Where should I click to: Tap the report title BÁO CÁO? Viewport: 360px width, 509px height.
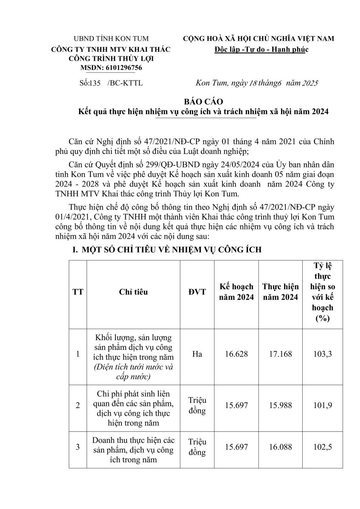[x=197, y=103]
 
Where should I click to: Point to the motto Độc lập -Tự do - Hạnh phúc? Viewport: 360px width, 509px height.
[x=262, y=50]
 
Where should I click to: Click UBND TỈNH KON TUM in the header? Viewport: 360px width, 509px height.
[x=110, y=39]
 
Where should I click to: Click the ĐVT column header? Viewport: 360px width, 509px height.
[x=197, y=292]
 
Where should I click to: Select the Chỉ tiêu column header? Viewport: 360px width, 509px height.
[x=133, y=292]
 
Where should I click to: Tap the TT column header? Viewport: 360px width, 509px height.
[x=78, y=292]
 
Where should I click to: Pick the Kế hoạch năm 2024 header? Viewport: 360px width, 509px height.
[x=236, y=292]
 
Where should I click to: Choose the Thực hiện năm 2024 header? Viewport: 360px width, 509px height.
[x=280, y=292]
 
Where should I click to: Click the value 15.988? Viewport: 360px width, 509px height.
[x=280, y=406]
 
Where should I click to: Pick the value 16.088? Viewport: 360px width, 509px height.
[x=280, y=447]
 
